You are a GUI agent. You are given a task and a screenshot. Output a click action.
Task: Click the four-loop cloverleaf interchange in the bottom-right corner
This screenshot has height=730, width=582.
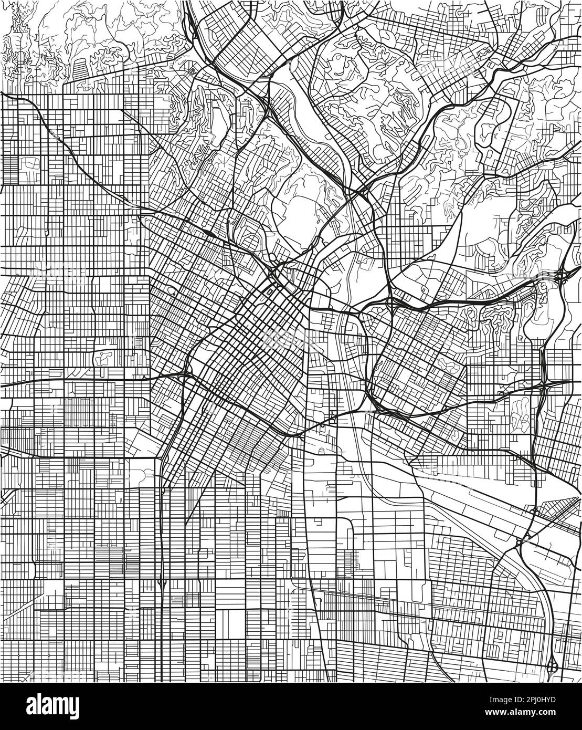coord(552,668)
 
